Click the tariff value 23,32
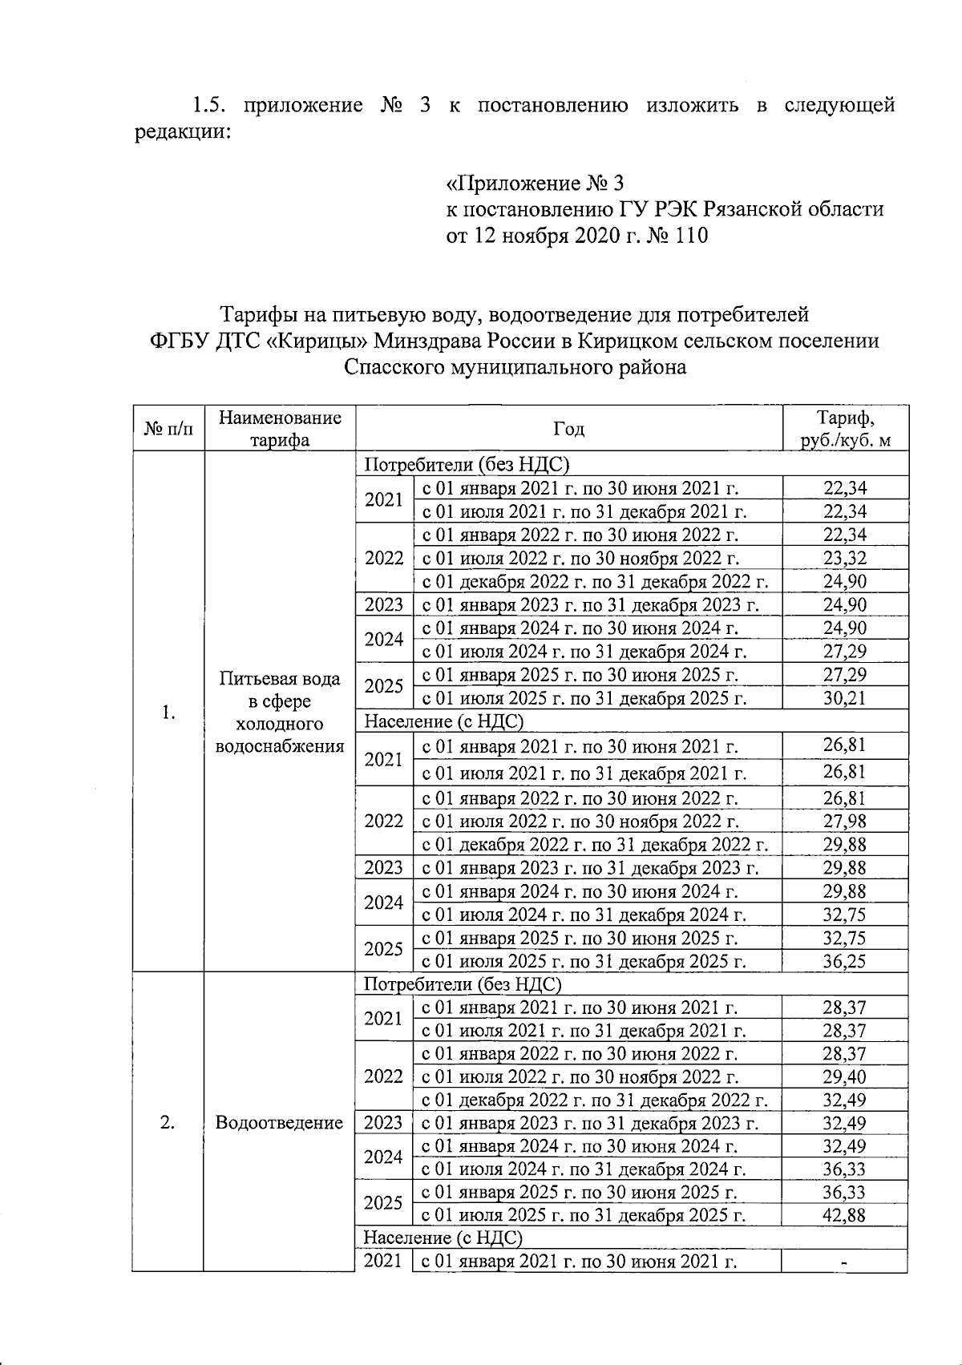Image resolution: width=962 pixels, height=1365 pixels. point(845,558)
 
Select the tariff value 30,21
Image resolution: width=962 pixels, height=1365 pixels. point(845,697)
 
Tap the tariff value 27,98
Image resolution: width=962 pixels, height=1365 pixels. point(845,821)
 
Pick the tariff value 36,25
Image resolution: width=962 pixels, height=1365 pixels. point(845,961)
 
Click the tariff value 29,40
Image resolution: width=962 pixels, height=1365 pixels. point(845,1076)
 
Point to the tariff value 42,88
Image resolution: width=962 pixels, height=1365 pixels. point(845,1215)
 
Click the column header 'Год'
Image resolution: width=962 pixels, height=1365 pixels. point(568,430)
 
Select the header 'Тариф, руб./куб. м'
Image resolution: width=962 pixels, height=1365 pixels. point(845,429)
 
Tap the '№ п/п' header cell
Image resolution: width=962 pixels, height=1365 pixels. point(168,430)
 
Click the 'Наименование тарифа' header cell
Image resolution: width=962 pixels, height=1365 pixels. point(280,429)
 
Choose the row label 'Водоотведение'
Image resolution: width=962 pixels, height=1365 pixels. point(279,1122)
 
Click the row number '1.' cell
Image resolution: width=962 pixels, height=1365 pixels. point(168,713)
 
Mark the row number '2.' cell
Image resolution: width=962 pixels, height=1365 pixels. point(168,1122)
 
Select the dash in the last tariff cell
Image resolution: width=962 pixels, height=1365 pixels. point(845,1262)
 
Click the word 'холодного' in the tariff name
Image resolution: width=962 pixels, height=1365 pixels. point(279,724)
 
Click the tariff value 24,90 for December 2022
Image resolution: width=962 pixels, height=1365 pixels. point(845,581)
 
